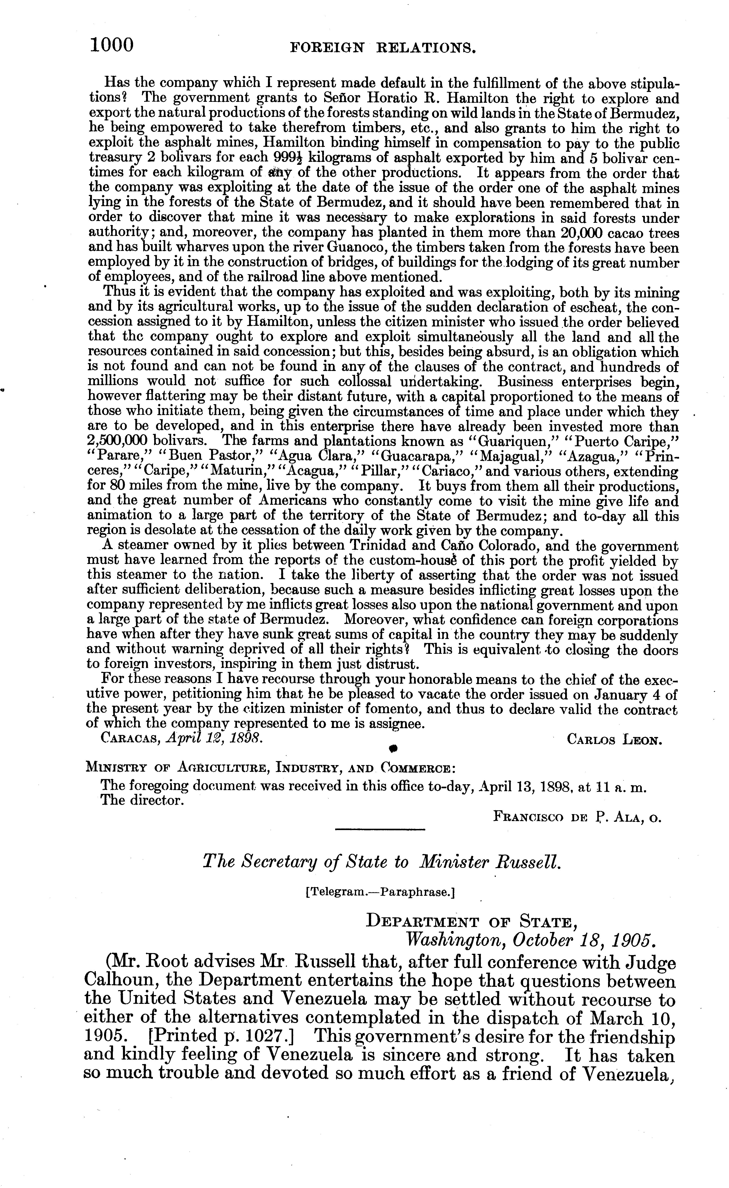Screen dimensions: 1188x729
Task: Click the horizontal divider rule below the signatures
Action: pyautogui.click(x=380, y=829)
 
